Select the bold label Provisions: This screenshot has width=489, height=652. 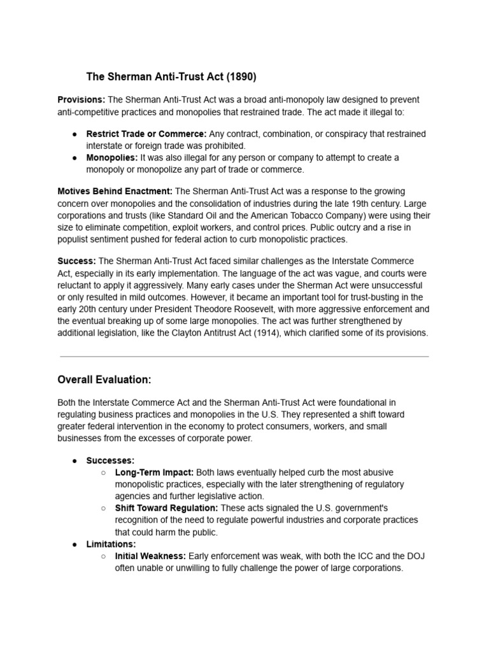tap(81, 100)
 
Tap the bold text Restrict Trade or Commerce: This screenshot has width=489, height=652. tap(146, 134)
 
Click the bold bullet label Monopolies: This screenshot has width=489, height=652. tap(112, 157)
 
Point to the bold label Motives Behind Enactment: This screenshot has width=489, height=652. tap(115, 192)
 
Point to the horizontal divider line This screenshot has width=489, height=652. tap(244, 357)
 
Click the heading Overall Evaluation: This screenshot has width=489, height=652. tap(104, 380)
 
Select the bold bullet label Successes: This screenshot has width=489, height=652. tap(110, 460)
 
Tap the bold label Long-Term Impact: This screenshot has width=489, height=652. tap(154, 472)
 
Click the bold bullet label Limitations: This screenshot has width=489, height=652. tap(111, 544)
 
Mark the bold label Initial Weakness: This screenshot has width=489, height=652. tap(150, 556)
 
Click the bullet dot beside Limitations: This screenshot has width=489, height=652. tap(74, 544)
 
